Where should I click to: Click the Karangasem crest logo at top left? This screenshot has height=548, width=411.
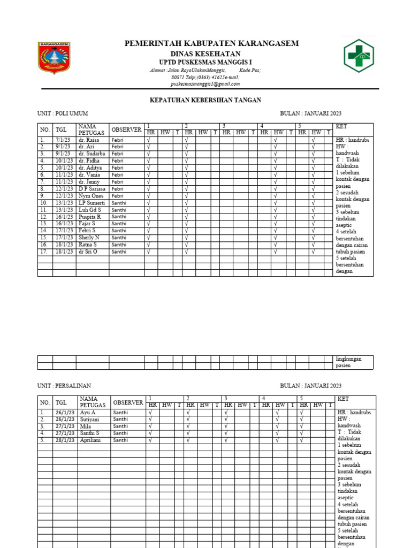[54, 58]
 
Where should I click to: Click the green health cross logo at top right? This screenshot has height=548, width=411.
[359, 56]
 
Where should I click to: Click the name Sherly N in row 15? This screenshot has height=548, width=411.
[89, 237]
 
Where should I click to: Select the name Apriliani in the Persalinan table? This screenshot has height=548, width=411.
[91, 440]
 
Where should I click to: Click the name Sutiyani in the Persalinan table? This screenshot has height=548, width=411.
[89, 420]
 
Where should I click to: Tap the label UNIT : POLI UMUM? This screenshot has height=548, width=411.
[63, 113]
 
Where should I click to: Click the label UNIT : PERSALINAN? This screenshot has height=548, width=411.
[64, 386]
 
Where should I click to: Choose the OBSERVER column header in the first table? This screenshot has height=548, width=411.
[126, 130]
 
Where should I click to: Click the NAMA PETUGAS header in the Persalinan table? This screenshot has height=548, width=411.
[92, 402]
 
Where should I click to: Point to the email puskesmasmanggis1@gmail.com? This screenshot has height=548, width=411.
[205, 84]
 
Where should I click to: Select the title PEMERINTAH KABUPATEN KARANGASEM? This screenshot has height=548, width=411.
[211, 43]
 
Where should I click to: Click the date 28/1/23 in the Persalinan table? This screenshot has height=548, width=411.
[64, 440]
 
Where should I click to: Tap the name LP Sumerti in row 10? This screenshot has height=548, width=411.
[91, 202]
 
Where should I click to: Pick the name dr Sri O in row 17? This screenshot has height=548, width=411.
[88, 251]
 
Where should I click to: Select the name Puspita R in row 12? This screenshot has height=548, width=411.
[90, 216]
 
